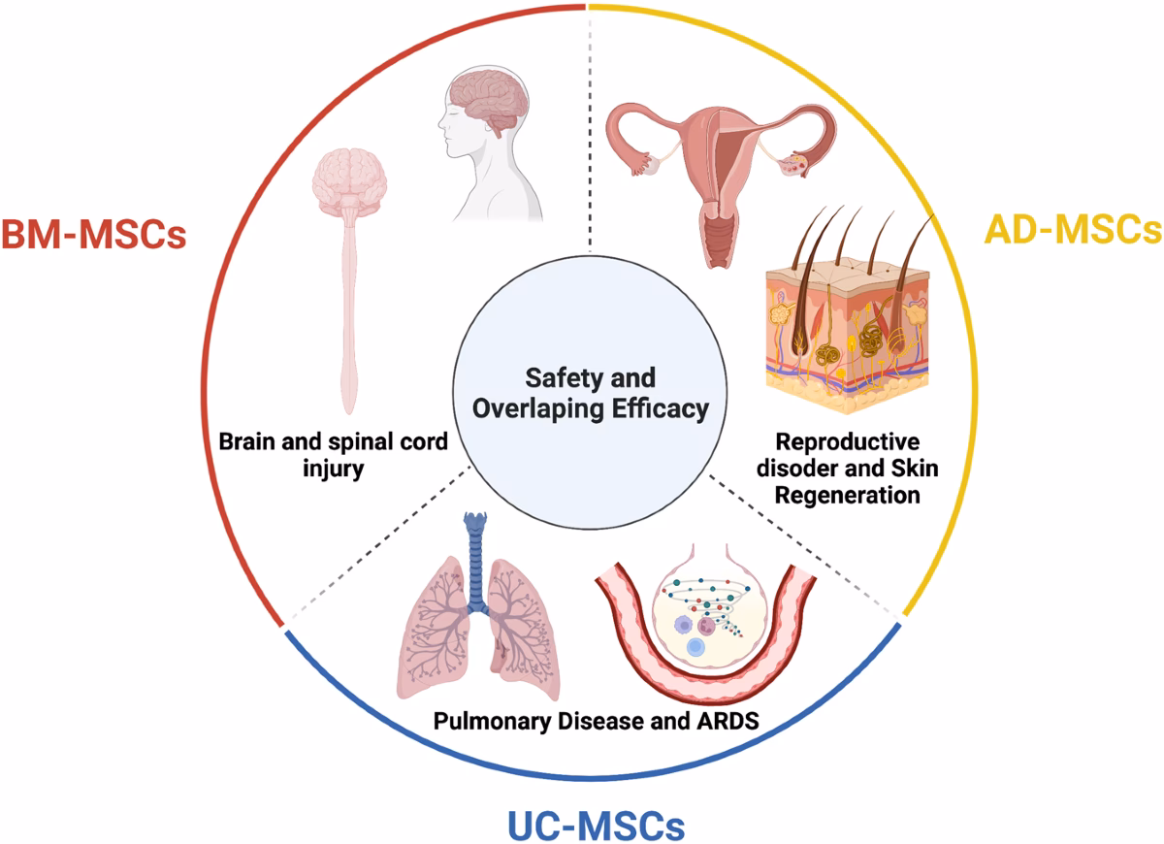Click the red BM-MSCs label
tap(93, 235)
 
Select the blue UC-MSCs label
tap(596, 826)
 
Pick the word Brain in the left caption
tap(243, 441)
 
